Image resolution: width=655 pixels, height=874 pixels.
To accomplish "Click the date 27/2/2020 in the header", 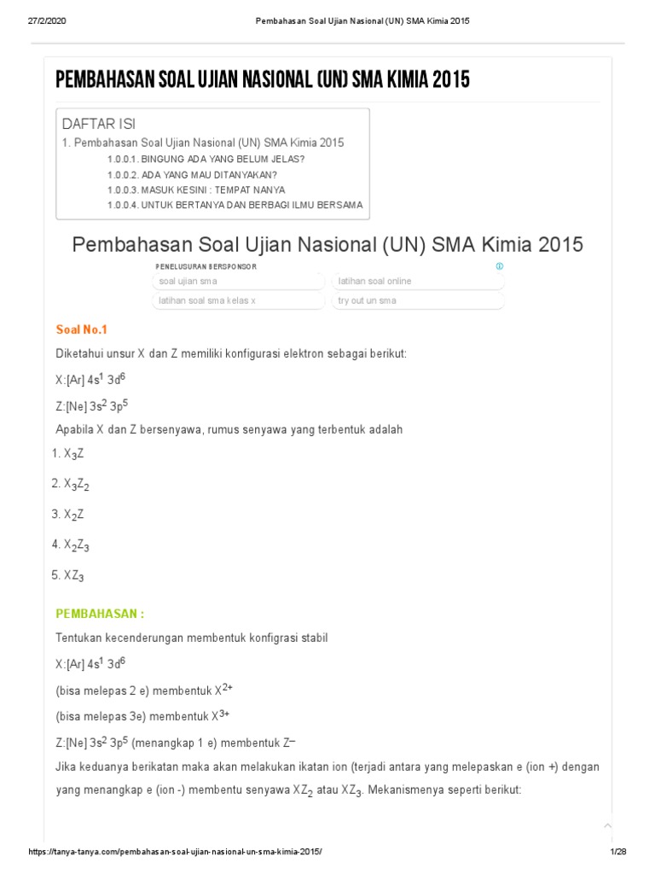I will [46, 20].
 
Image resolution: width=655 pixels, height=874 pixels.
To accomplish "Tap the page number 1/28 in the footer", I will [617, 853].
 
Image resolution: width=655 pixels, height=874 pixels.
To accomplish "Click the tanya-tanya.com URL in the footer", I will [176, 853].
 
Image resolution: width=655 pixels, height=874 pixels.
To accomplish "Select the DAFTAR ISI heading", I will [99, 124].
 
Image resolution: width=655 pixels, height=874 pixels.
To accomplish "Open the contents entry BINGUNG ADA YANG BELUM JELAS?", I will [206, 159].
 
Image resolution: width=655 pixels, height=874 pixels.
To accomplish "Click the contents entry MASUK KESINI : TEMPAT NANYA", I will [196, 189].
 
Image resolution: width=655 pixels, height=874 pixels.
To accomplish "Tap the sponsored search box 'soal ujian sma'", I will [238, 281].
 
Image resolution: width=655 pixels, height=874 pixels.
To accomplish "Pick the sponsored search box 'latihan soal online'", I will [417, 281].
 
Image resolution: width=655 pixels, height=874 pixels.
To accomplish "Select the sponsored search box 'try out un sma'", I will [417, 300].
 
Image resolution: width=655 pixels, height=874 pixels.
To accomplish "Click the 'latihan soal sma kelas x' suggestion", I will [238, 300].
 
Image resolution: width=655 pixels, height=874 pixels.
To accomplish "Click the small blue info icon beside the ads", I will [500, 265].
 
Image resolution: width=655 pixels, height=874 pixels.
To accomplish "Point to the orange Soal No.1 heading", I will [82, 329].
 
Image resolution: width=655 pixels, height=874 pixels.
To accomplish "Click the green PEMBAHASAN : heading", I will [100, 613].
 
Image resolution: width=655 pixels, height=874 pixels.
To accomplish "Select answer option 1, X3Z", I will [73, 454].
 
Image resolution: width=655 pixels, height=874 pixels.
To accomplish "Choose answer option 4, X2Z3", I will [76, 545].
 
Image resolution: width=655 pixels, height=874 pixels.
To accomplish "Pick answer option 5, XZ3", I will [73, 575].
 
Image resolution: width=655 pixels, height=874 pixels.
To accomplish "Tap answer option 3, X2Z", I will [73, 515].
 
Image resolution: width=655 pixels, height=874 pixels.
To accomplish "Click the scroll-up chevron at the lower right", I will [607, 824].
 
